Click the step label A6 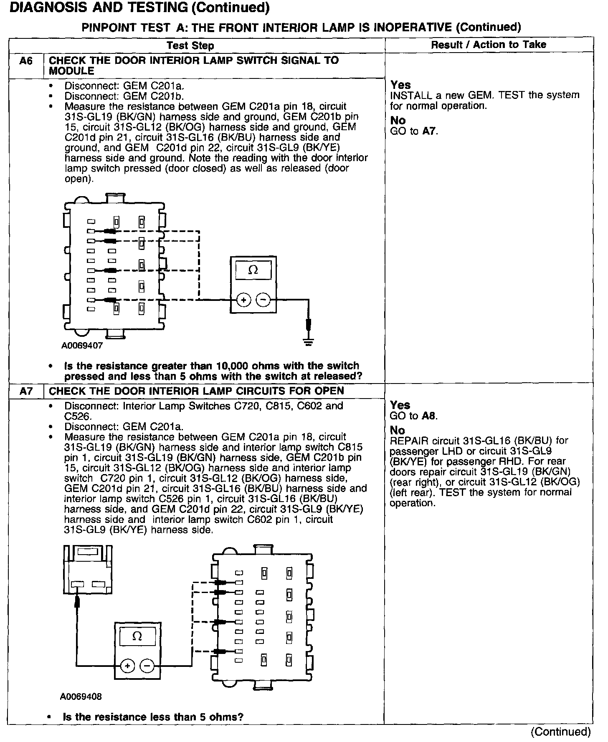[x=26, y=61]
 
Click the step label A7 [x=26, y=391]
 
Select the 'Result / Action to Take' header [x=488, y=44]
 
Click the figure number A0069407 [x=82, y=346]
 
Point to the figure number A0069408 [x=81, y=697]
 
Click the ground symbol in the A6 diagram [x=309, y=342]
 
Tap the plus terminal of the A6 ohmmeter [x=243, y=300]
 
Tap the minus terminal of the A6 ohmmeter [x=263, y=300]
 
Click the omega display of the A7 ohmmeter [x=137, y=636]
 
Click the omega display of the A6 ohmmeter [x=253, y=270]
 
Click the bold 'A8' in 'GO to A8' [x=429, y=416]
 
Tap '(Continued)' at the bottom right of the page [x=560, y=732]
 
